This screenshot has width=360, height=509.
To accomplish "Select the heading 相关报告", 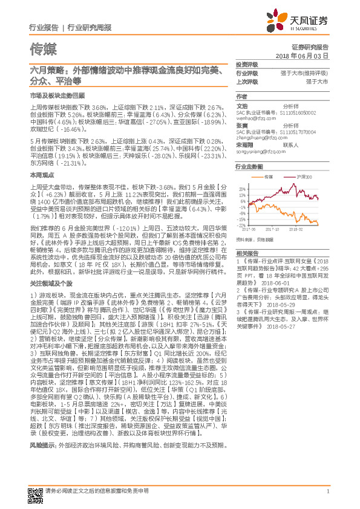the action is point(247,253).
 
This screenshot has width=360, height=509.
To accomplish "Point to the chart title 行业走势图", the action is point(249,166).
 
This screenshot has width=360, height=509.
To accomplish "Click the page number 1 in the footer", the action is point(327,492).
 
